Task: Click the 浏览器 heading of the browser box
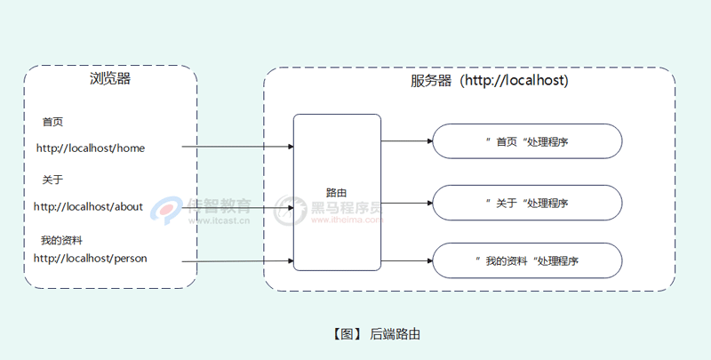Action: tap(110, 79)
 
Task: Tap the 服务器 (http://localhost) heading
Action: tap(489, 80)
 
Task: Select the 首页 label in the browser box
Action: tap(52, 122)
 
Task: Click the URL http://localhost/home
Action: tap(90, 148)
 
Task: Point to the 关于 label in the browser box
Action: tap(52, 180)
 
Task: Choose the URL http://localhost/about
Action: tap(88, 206)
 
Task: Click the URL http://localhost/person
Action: tap(90, 258)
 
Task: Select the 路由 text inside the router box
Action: tap(336, 192)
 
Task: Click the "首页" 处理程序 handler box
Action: tap(527, 140)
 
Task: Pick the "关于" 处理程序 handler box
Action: tap(527, 203)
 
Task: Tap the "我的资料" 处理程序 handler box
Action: tap(527, 260)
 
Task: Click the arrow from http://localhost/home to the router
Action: tap(237, 147)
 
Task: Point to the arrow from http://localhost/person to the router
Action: tap(237, 260)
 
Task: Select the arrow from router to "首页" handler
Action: tap(407, 140)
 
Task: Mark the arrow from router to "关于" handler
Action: tap(407, 203)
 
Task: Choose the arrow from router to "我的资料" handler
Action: tap(407, 260)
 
